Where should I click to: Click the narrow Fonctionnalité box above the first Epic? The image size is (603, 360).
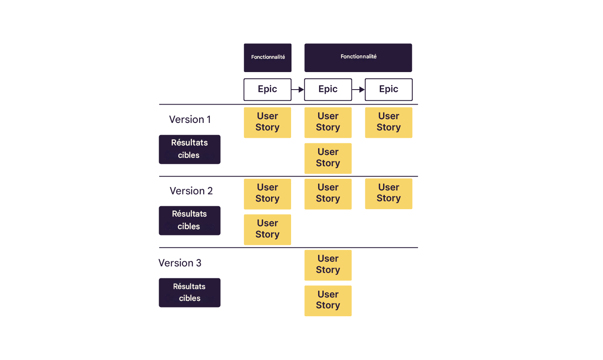point(267,57)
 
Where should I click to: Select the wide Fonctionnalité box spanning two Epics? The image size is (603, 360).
point(358,57)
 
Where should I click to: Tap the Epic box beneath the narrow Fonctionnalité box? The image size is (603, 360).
point(267,89)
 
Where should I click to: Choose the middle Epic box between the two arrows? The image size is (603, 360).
point(328,89)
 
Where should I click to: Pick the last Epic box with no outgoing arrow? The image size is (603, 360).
point(389,89)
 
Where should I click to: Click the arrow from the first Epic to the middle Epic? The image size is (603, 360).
point(298,90)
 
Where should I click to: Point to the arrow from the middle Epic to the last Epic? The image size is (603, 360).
point(359,90)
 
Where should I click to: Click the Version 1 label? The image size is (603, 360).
point(190,120)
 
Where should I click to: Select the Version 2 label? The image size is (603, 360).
point(191,191)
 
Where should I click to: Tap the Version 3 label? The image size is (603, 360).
point(180,263)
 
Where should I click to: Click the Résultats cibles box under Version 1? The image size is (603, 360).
point(189,149)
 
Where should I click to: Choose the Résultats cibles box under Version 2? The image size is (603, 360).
point(189,220)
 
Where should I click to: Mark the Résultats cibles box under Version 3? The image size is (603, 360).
point(189,292)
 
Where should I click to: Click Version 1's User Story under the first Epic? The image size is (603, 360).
point(267,122)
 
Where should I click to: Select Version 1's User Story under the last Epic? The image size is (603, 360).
point(389,122)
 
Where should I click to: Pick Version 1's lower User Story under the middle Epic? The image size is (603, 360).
point(328,158)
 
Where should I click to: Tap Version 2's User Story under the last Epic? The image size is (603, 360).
point(389,194)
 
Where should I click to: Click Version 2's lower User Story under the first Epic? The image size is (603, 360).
point(267,230)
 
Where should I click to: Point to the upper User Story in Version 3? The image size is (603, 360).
point(328,265)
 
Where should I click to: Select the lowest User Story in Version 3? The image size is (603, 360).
point(328,301)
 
